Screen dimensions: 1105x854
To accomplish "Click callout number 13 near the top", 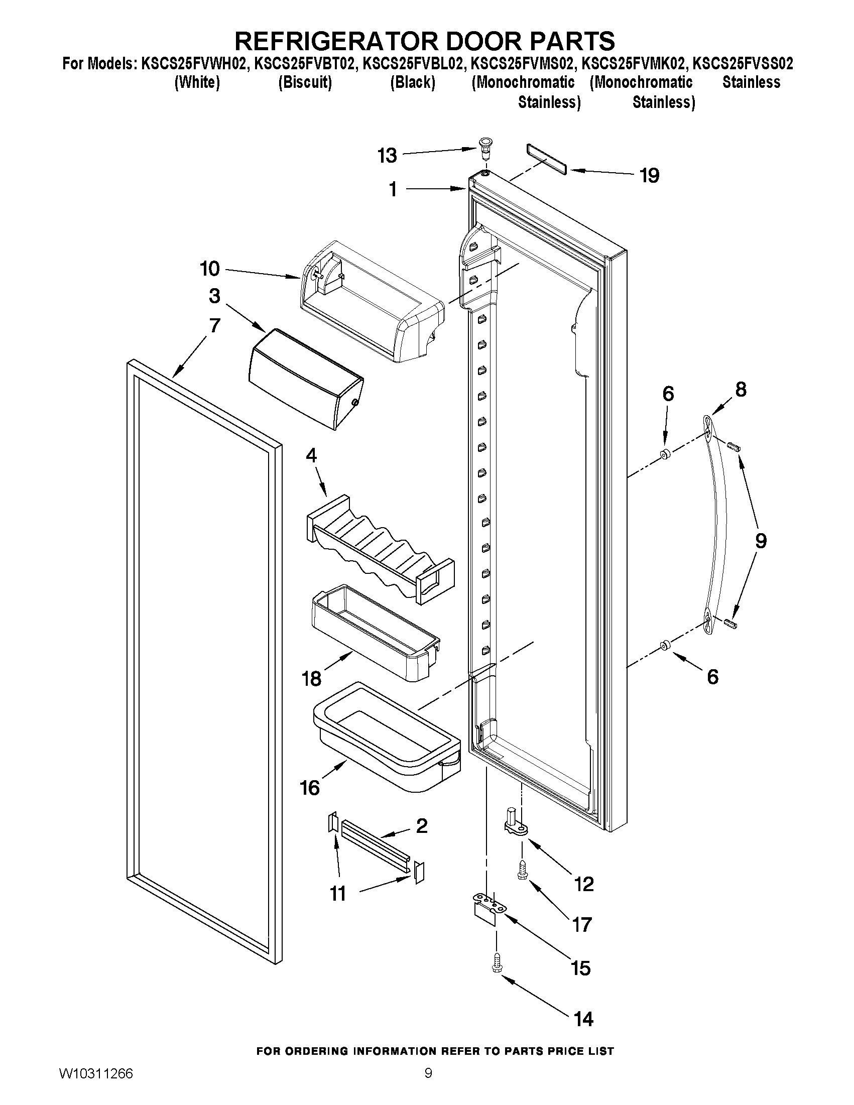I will [x=387, y=156].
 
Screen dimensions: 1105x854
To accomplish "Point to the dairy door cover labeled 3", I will [x=306, y=377].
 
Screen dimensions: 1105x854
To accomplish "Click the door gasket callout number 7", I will [x=214, y=325].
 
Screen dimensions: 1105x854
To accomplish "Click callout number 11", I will [x=338, y=894].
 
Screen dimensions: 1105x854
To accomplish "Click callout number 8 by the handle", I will [x=740, y=389].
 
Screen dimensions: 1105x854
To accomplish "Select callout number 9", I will [x=761, y=541].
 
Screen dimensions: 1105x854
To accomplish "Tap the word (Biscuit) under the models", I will [x=305, y=82].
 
